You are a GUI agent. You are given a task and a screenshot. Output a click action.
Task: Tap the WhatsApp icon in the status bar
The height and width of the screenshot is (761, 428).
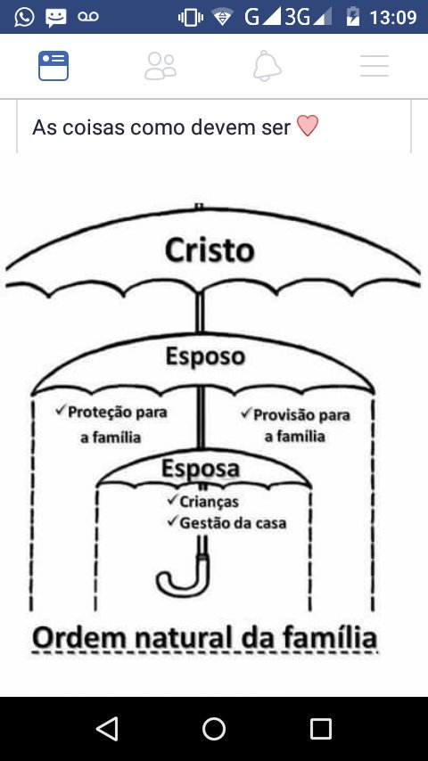pyautogui.click(x=24, y=17)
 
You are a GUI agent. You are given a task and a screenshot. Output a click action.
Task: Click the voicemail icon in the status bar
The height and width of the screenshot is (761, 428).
pyautogui.click(x=88, y=17)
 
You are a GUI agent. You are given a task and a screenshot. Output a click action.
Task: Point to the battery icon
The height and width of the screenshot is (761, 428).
pyautogui.click(x=353, y=17)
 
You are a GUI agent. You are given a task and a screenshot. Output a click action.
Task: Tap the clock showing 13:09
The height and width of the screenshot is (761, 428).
pyautogui.click(x=393, y=18)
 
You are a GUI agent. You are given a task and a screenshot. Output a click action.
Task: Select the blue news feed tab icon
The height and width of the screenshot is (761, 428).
pyautogui.click(x=53, y=66)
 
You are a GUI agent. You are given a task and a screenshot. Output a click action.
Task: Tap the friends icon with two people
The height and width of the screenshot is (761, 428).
pyautogui.click(x=160, y=66)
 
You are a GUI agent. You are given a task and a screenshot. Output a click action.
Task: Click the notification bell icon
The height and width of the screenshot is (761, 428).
pyautogui.click(x=267, y=66)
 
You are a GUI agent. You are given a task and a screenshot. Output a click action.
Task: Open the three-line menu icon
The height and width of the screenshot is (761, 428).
pyautogui.click(x=374, y=66)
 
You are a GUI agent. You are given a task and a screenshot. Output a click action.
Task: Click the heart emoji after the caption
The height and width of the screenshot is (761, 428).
pyautogui.click(x=308, y=127)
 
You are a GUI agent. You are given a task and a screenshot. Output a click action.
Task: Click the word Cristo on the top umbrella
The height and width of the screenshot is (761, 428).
pyautogui.click(x=210, y=250)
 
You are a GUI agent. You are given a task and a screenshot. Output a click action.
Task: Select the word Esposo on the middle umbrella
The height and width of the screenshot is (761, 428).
pyautogui.click(x=205, y=356)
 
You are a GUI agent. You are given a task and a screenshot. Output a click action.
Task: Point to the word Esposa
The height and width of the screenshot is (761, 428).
pyautogui.click(x=201, y=469)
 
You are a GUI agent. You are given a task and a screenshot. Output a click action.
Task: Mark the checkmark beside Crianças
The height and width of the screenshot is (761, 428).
pyautogui.click(x=172, y=499)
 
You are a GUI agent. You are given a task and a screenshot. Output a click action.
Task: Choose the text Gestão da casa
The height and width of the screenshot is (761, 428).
pyautogui.click(x=234, y=523)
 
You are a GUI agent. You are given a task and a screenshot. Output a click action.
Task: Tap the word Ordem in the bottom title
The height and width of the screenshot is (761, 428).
pyautogui.click(x=79, y=638)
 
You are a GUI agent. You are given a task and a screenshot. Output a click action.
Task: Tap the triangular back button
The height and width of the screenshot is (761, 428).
pyautogui.click(x=107, y=729)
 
